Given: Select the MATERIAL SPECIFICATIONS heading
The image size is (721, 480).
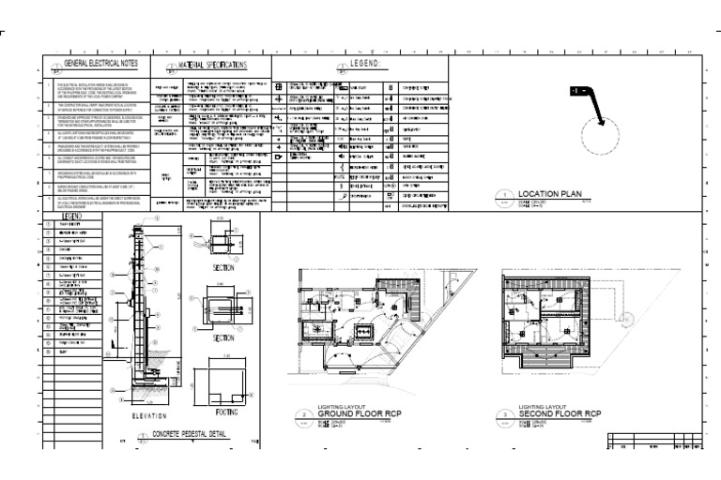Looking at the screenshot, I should point(211,65).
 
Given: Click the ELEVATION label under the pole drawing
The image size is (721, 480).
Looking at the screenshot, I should point(148,415).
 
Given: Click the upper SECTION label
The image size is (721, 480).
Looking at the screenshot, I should point(224,267).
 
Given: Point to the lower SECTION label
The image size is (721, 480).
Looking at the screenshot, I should point(224,337).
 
